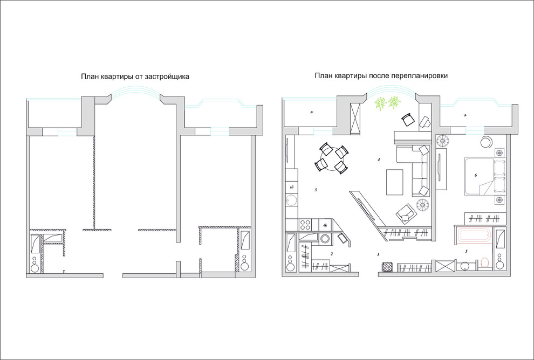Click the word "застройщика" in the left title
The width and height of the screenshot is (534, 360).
tap(167, 77)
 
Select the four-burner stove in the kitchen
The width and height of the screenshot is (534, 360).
tap(305, 225)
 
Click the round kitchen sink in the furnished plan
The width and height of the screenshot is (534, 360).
tap(291, 200)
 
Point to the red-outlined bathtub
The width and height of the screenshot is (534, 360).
tap(474, 236)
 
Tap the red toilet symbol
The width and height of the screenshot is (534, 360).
tap(484, 264)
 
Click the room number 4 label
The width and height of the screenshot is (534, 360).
tap(378, 159)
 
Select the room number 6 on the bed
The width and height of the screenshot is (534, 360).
tap(475, 176)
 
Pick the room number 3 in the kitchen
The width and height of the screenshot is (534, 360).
tap(316, 190)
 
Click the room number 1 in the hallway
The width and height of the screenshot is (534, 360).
tap(378, 254)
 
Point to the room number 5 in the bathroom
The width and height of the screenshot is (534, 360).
tap(466, 252)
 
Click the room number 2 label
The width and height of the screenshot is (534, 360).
tap(331, 253)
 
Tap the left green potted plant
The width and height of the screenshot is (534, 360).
tap(380, 103)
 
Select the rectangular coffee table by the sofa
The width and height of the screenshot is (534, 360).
tap(394, 182)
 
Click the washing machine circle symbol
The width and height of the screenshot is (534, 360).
tap(325, 239)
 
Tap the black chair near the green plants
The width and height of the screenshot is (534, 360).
tap(407, 120)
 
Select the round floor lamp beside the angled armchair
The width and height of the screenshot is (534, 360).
tap(423, 205)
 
